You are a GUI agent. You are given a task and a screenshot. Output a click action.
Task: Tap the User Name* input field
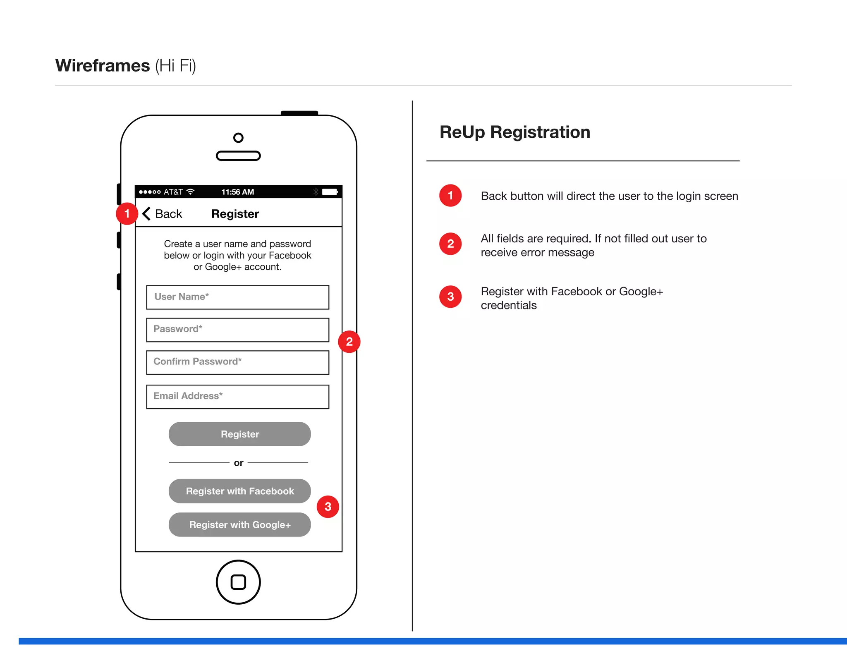pyautogui.click(x=237, y=297)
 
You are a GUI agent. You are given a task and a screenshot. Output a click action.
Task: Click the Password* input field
pyautogui.click(x=237, y=330)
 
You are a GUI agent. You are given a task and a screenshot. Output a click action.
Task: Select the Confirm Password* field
pyautogui.click(x=237, y=362)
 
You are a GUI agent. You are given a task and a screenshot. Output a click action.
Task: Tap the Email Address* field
pyautogui.click(x=237, y=396)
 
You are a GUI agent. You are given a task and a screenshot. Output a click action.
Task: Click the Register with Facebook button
pyautogui.click(x=239, y=491)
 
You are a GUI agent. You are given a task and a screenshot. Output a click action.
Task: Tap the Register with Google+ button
pyautogui.click(x=239, y=524)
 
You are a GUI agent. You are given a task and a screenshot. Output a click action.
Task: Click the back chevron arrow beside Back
pyautogui.click(x=146, y=214)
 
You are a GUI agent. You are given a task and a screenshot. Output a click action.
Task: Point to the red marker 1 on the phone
pyautogui.click(x=127, y=214)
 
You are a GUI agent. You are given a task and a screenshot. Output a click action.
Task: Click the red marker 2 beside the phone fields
pyautogui.click(x=349, y=342)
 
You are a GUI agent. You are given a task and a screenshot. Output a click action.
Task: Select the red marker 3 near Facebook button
pyautogui.click(x=328, y=507)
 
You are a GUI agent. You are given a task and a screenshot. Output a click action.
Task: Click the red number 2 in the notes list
pyautogui.click(x=450, y=244)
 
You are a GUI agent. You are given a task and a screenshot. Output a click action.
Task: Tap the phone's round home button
pyautogui.click(x=238, y=582)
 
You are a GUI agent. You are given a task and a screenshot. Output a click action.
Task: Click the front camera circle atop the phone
pyautogui.click(x=238, y=138)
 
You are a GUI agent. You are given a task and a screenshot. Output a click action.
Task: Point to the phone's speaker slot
pyautogui.click(x=238, y=156)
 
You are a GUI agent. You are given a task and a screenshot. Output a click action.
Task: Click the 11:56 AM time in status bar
pyautogui.click(x=237, y=192)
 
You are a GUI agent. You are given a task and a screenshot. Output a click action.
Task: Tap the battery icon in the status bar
pyautogui.click(x=330, y=192)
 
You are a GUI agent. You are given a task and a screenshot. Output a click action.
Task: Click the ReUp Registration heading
pyautogui.click(x=514, y=132)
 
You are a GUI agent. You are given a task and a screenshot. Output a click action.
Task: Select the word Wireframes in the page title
pyautogui.click(x=103, y=66)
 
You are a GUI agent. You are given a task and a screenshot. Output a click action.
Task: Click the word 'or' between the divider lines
pyautogui.click(x=238, y=463)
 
